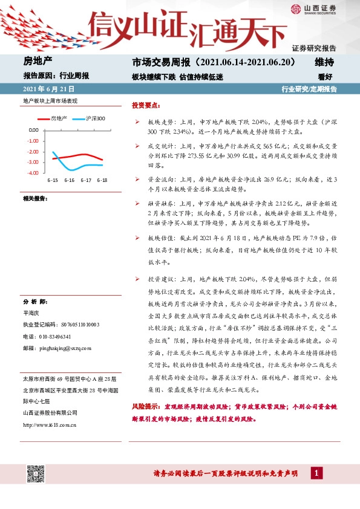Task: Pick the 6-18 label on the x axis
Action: [x=103, y=180]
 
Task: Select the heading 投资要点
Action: [x=145, y=105]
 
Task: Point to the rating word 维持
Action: [x=325, y=62]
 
